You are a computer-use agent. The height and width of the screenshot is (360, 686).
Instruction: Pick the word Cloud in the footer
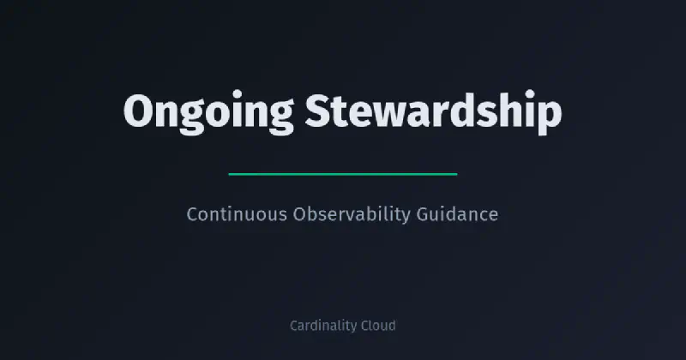(377, 326)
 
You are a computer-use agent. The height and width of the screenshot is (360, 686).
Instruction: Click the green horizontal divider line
(343, 174)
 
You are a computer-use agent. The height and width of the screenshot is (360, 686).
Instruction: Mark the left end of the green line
(230, 174)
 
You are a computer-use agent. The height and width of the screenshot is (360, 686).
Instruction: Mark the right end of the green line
(456, 174)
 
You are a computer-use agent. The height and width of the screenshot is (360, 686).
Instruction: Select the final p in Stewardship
(549, 117)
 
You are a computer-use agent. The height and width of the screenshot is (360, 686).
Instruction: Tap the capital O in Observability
(299, 214)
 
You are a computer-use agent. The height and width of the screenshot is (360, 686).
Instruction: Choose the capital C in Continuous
(192, 214)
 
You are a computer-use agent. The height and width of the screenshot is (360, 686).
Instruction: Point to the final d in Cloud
(391, 326)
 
